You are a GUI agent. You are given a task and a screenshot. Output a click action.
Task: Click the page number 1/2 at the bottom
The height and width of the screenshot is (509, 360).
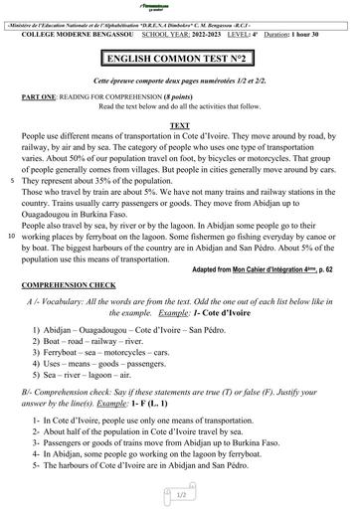[x=181, y=493]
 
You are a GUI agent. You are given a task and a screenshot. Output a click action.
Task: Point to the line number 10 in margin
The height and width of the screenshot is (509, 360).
[x=11, y=237]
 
